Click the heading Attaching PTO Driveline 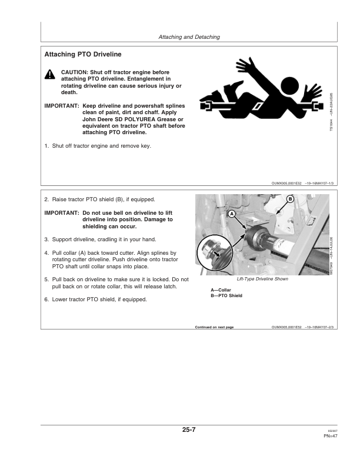point(83,55)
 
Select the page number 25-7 point(188,430)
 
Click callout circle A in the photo point(231,212)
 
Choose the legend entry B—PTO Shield point(226,295)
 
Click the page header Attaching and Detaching point(189,37)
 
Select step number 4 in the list point(46,252)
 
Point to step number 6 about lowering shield point(46,299)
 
